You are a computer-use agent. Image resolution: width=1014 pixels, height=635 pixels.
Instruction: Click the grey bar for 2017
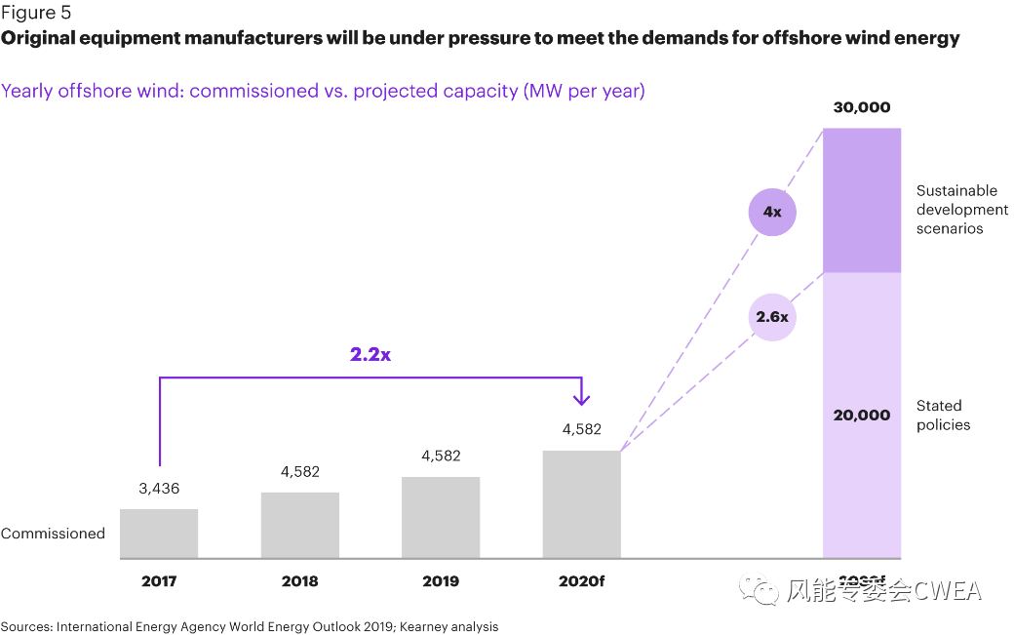coord(159,534)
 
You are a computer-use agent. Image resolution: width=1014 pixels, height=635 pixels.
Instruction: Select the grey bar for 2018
coord(300,525)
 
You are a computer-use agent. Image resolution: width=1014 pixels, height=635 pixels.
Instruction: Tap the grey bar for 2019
coord(441,517)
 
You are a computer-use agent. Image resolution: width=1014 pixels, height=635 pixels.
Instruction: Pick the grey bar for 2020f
coord(581,504)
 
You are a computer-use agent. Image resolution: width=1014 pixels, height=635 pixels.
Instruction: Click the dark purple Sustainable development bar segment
coord(862,200)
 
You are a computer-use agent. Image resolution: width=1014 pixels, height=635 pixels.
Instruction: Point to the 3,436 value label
coord(159,488)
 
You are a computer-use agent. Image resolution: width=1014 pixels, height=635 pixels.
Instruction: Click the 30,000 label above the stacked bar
coord(862,107)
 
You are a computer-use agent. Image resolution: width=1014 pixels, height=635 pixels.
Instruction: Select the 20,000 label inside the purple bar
coord(862,415)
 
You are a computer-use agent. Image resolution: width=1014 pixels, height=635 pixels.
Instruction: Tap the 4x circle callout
coord(772,211)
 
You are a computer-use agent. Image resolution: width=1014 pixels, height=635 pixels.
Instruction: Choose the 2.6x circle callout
coord(772,316)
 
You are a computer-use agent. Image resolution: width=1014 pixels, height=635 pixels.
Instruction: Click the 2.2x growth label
coord(370,354)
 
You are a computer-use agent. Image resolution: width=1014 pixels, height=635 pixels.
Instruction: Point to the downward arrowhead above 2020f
coord(581,398)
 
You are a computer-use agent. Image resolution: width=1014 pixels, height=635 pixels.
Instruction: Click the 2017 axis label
coord(159,581)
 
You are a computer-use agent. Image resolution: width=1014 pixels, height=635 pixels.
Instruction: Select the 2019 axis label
coord(441,581)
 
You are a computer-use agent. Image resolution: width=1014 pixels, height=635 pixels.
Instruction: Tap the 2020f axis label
coord(581,581)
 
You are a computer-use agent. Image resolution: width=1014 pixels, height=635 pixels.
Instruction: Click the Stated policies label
coord(943,415)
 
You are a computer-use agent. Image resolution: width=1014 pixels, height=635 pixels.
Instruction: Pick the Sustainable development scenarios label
coord(961,210)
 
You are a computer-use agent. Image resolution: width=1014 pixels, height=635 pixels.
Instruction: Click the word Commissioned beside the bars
coord(53,534)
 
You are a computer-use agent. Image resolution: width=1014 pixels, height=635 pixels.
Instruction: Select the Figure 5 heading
coord(35,13)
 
